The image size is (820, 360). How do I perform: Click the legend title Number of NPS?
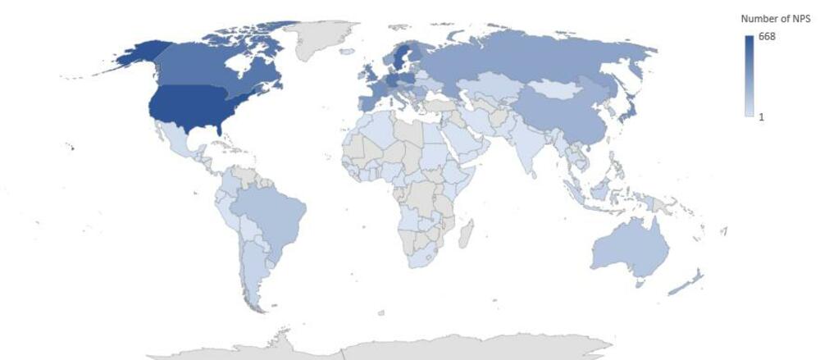pos(775,18)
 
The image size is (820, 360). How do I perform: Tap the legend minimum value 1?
pos(761,117)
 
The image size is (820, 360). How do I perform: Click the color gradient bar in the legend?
pos(749,76)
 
